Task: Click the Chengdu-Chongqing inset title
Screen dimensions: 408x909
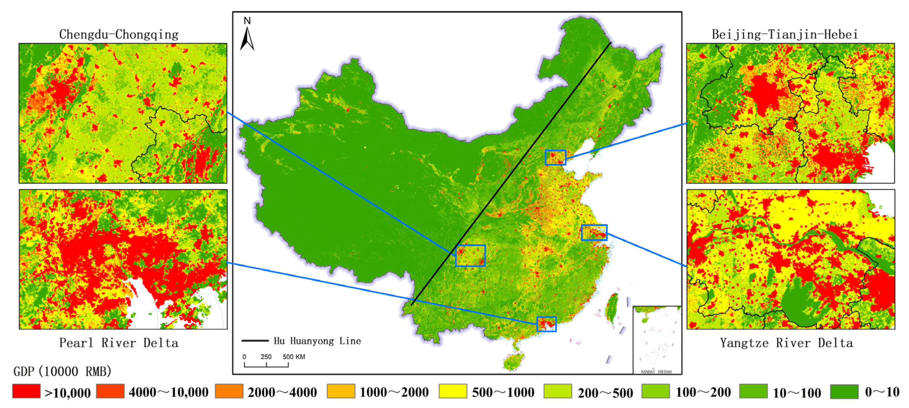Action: (x=119, y=35)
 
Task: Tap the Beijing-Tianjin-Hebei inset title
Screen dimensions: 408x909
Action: (x=785, y=35)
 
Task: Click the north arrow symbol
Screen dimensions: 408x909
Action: (x=247, y=40)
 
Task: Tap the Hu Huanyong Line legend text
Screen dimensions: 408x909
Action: (x=317, y=341)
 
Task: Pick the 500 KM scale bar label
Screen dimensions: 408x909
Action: (x=294, y=357)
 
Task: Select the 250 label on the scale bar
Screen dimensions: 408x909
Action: (x=266, y=357)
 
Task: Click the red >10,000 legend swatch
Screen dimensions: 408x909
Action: (x=26, y=391)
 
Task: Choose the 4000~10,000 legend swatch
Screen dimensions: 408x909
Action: (x=110, y=391)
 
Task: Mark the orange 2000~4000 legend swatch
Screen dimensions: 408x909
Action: (x=229, y=391)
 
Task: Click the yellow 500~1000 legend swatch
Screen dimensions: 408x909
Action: (x=453, y=391)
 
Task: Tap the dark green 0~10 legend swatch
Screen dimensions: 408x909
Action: (x=844, y=391)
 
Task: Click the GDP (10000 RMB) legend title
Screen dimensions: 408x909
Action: (x=62, y=372)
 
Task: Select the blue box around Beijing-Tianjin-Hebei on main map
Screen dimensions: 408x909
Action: (x=555, y=157)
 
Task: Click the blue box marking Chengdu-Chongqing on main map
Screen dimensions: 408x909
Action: (x=471, y=256)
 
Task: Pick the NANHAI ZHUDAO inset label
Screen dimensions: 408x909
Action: (x=656, y=372)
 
